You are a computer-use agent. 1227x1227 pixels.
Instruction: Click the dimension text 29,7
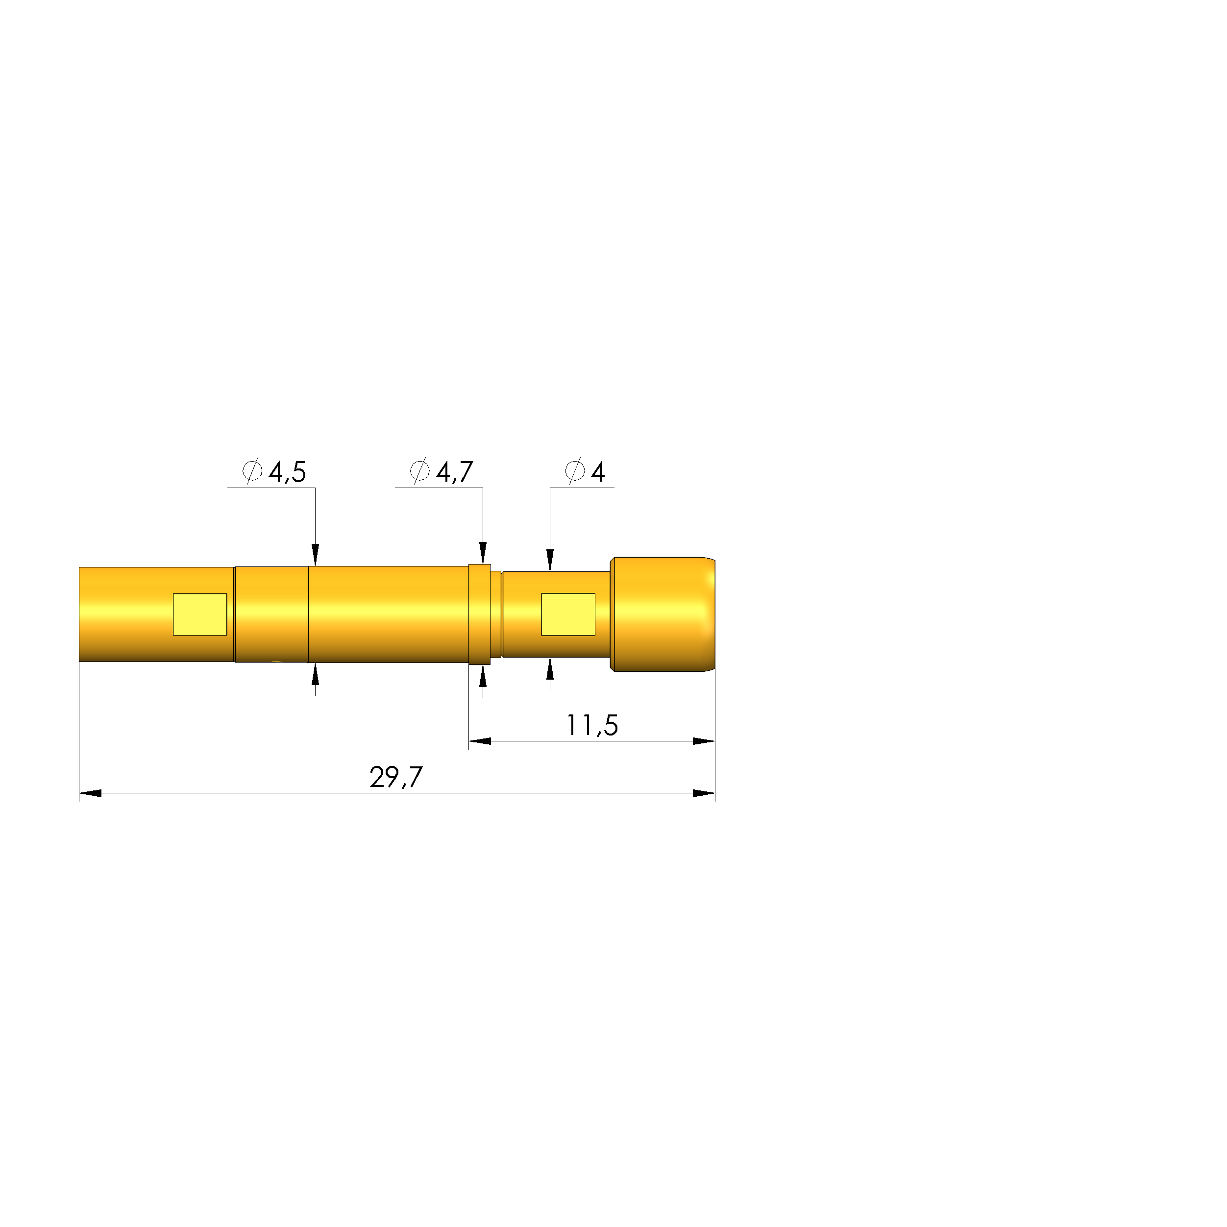click(395, 777)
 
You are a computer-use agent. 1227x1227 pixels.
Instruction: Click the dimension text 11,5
click(592, 725)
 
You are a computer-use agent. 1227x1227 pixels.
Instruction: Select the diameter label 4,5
click(287, 472)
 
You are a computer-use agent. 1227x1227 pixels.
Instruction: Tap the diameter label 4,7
click(455, 472)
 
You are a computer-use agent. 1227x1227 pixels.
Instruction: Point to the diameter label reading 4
click(598, 472)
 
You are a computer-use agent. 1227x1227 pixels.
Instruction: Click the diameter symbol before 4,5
click(252, 471)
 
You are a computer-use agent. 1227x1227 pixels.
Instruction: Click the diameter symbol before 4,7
click(419, 471)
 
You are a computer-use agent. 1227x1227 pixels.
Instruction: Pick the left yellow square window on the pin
click(200, 614)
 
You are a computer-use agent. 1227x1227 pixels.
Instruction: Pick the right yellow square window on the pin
click(568, 614)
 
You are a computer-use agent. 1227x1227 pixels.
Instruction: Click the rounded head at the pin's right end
click(663, 614)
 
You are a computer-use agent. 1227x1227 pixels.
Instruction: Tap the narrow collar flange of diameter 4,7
click(480, 614)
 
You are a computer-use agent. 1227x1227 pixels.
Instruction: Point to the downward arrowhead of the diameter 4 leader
click(550, 560)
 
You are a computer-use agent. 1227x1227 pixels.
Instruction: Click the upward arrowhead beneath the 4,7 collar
click(483, 677)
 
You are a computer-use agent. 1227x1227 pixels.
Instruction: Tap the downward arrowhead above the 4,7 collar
click(483, 553)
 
